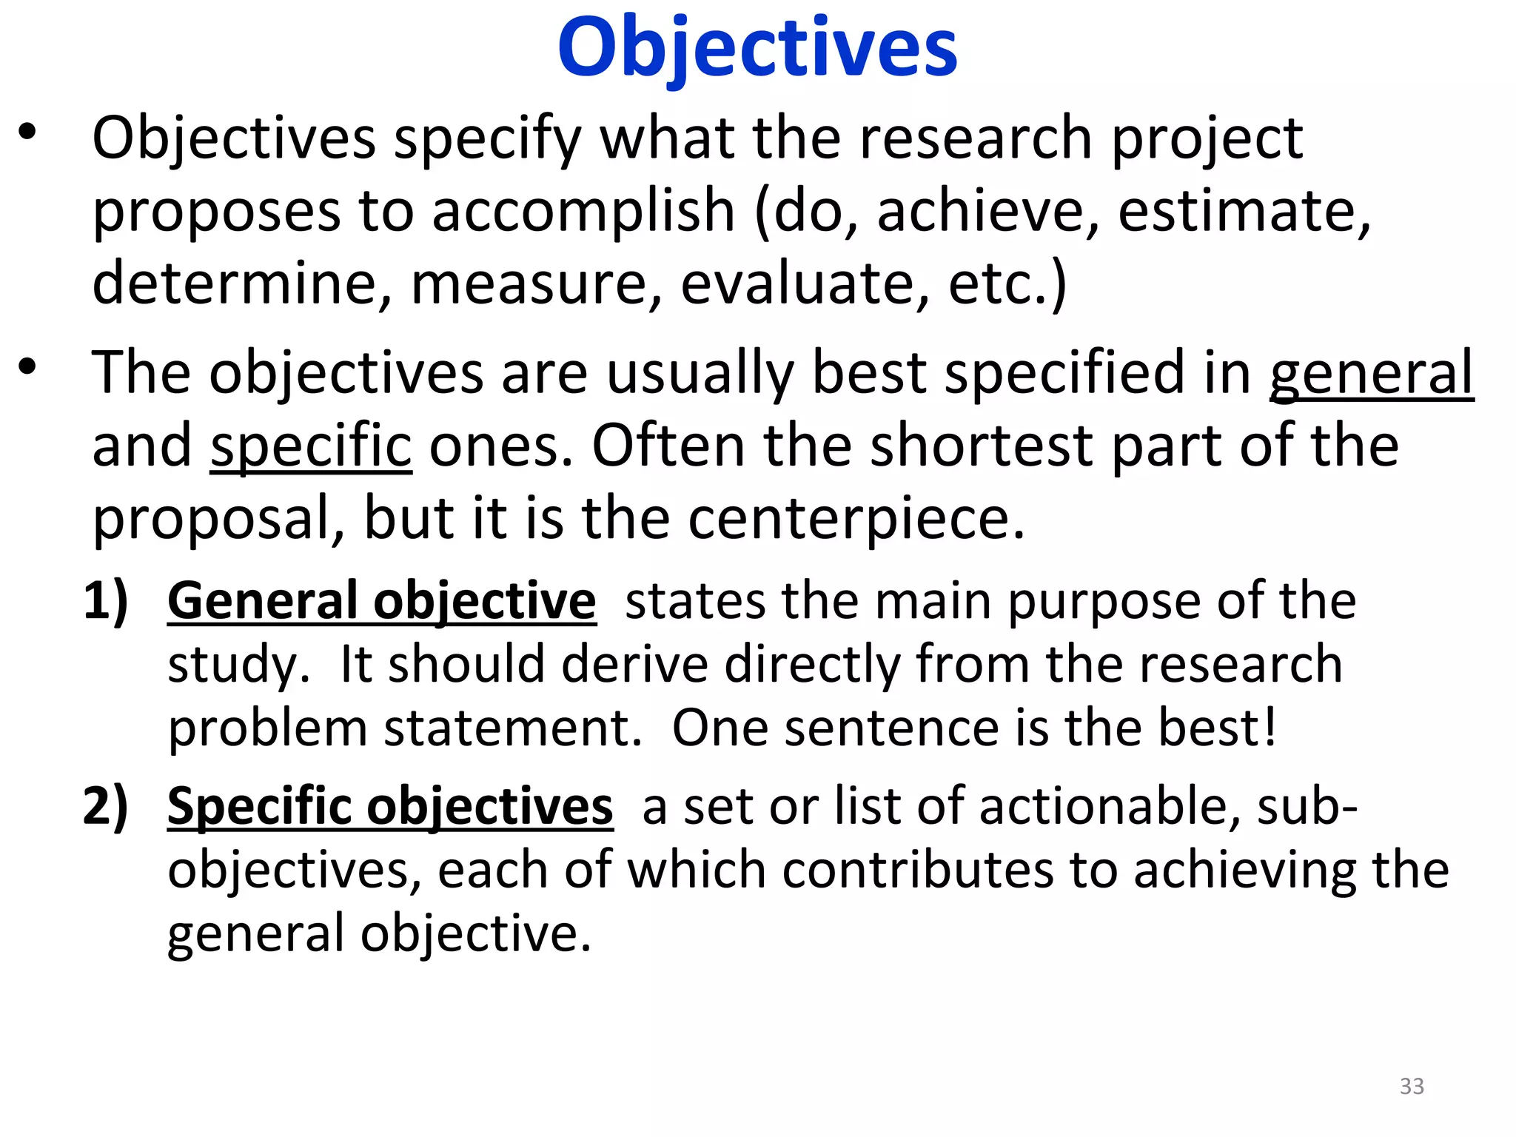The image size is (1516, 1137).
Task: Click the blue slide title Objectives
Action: point(757,48)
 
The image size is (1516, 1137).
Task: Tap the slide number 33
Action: point(1412,1086)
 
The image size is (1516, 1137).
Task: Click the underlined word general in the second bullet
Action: point(1371,373)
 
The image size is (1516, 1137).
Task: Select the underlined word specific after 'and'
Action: point(311,446)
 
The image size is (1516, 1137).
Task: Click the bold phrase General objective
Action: point(381,600)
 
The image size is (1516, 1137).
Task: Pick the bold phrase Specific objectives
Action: point(390,806)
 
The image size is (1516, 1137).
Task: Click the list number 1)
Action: point(105,600)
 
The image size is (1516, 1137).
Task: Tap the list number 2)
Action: point(105,806)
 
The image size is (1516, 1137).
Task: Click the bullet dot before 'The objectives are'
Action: point(27,366)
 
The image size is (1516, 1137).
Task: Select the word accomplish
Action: point(583,212)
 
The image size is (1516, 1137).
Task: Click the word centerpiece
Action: point(856,518)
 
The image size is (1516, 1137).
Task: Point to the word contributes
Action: point(917,870)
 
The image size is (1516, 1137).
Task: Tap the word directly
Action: point(812,664)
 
